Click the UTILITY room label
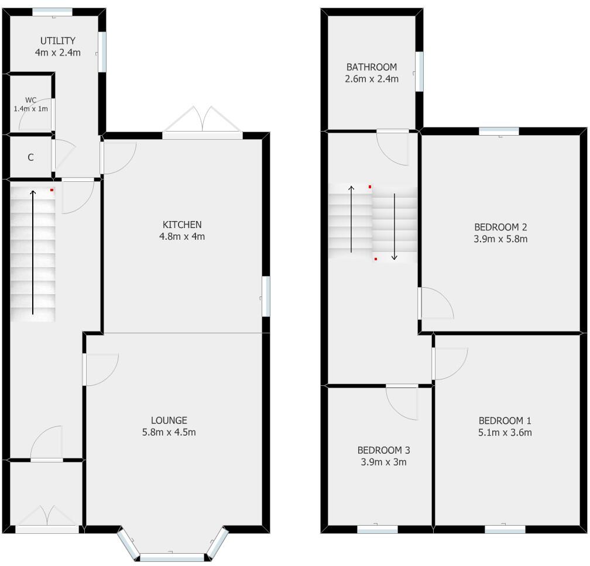coord(57,40)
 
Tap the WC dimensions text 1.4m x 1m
coord(31,109)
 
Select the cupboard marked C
coord(30,157)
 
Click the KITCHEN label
coord(181,225)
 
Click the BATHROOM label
coord(371,67)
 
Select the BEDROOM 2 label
coord(496,227)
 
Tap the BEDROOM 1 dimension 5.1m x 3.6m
coord(505,433)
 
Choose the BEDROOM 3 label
coord(383,450)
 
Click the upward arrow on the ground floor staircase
coord(33,251)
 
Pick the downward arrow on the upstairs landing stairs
coord(395,225)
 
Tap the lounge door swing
coord(101,370)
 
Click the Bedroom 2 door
coord(435,303)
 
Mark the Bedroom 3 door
coord(402,402)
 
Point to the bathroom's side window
coord(419,72)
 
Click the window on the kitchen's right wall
coord(266,296)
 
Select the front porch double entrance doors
coord(47,517)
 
